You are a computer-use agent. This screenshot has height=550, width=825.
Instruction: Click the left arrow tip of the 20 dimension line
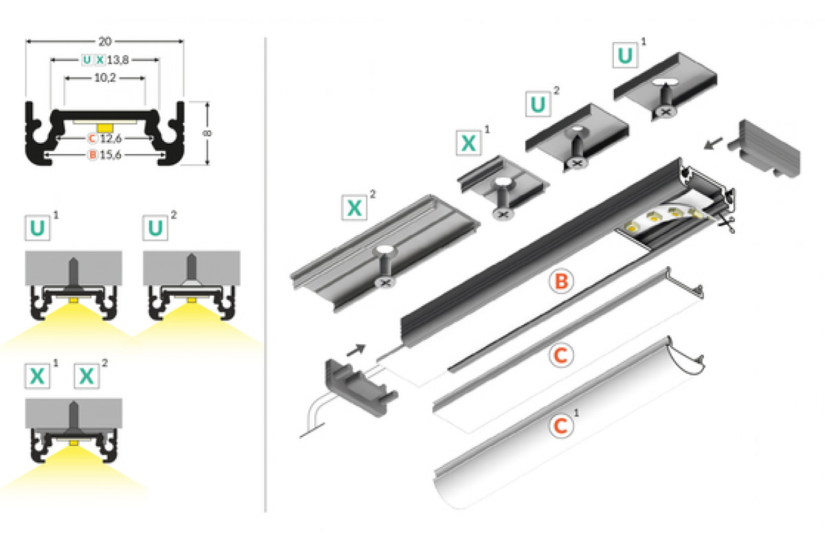26,41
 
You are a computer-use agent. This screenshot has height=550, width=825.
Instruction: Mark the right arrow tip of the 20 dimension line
184,41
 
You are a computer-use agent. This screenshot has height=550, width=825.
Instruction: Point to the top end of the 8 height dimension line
208,102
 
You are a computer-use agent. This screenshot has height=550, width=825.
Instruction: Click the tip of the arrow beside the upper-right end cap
705,148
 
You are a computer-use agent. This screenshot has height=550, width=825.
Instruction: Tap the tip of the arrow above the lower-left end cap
365,346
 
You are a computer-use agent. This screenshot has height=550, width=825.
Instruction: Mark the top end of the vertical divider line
265,37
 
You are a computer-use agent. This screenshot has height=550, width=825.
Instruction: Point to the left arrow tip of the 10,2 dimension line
65,78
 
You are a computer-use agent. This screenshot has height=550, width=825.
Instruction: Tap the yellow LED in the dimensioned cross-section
104,128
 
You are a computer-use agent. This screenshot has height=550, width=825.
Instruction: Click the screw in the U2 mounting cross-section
191,269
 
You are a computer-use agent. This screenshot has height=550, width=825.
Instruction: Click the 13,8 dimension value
118,60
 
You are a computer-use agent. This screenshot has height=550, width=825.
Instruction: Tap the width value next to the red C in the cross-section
111,139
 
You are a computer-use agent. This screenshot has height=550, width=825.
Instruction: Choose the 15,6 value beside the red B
111,155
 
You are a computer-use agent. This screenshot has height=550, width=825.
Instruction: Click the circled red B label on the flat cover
561,281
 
